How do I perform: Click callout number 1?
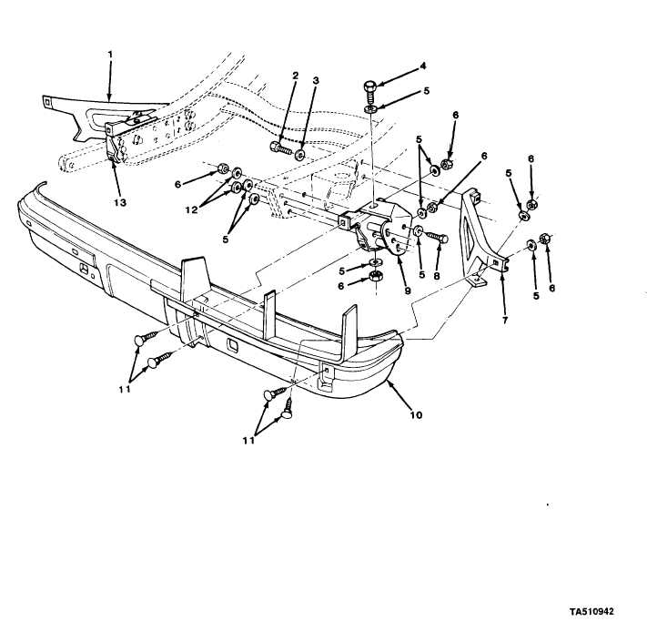[x=109, y=55]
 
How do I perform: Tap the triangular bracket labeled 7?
[x=478, y=232]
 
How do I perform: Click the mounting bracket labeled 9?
[x=378, y=228]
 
